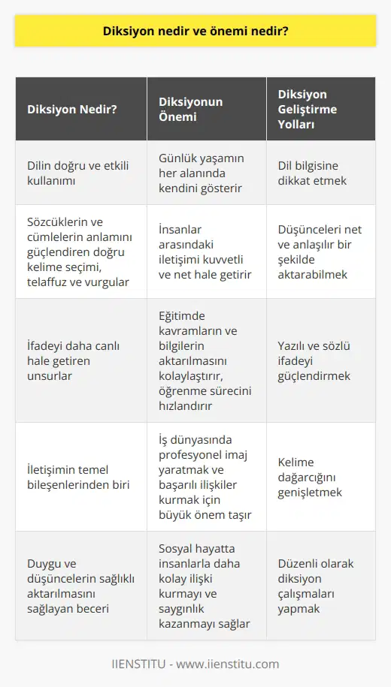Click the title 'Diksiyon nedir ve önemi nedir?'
tap(195, 32)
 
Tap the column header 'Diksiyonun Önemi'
tap(189, 107)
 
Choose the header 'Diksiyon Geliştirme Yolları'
tap(308, 107)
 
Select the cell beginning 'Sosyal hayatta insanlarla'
tap(203, 585)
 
